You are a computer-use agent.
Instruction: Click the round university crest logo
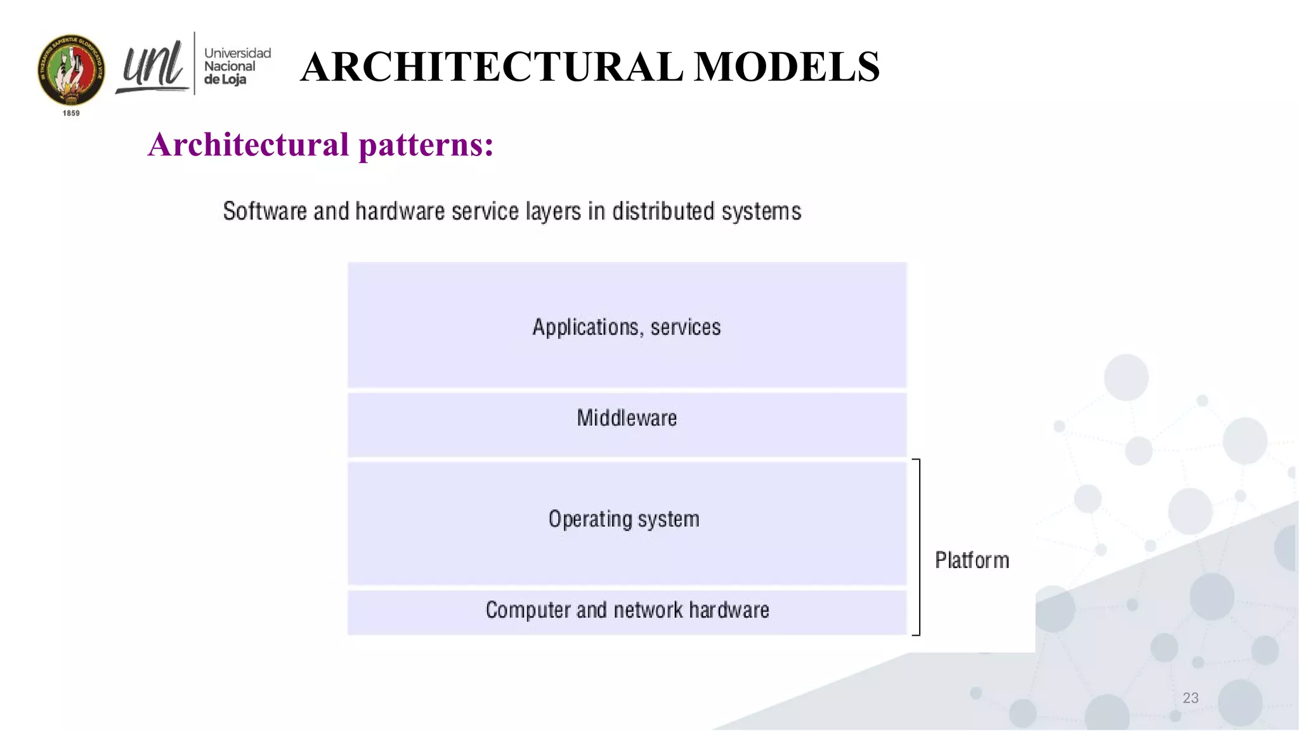pos(71,70)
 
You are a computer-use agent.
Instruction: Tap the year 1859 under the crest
pos(71,114)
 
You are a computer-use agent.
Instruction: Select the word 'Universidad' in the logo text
pos(237,53)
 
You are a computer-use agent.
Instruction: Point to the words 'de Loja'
pos(225,80)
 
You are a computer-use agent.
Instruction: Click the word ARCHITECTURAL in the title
pos(492,67)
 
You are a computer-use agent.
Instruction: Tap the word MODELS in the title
pos(787,67)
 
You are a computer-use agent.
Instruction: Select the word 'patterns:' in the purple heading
pos(426,145)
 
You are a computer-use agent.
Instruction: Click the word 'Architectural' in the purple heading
pos(249,145)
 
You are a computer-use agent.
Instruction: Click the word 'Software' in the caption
pos(264,211)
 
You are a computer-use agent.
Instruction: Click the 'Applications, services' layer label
pos(627,327)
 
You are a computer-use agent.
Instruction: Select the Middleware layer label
pos(627,418)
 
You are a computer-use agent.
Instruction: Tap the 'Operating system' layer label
pos(624,519)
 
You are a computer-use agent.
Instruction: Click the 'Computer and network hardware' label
pos(627,610)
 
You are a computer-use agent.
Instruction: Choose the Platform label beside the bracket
pos(972,560)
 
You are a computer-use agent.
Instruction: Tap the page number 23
pos(1191,698)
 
